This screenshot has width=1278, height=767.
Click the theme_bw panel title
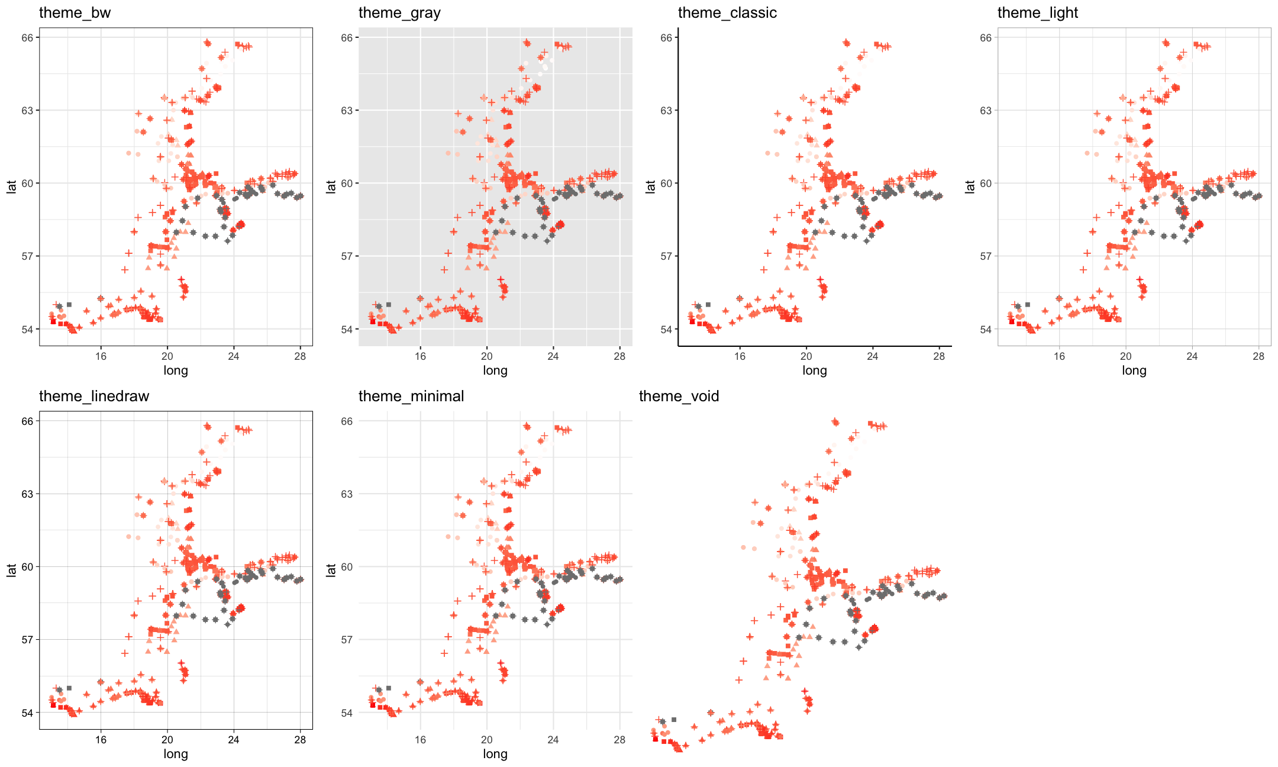tap(75, 13)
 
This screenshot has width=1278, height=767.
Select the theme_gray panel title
tap(399, 13)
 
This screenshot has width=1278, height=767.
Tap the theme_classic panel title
tap(727, 13)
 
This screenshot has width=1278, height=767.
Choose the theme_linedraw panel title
tap(94, 397)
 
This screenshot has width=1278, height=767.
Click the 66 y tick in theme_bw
tap(28, 38)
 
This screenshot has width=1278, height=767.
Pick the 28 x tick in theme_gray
tap(619, 356)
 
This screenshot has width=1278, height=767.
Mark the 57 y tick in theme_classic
tap(666, 256)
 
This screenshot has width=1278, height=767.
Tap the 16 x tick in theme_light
tap(1059, 356)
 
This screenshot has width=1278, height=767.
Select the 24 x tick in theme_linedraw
tap(234, 740)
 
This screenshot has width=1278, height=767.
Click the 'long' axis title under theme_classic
tap(815, 370)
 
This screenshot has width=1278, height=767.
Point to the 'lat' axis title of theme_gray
tap(331, 186)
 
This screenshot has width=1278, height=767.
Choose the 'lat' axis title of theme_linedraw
tap(11, 570)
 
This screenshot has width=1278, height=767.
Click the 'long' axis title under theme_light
tap(1134, 370)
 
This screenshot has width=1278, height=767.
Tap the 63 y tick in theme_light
tap(986, 111)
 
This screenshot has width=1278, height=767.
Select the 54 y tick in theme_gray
tap(347, 329)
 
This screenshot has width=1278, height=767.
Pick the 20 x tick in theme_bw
tap(167, 356)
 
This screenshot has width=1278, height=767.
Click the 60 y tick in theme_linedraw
tap(28, 567)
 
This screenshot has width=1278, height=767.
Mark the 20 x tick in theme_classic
tap(806, 356)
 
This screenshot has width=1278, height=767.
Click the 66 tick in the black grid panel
tap(347, 421)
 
